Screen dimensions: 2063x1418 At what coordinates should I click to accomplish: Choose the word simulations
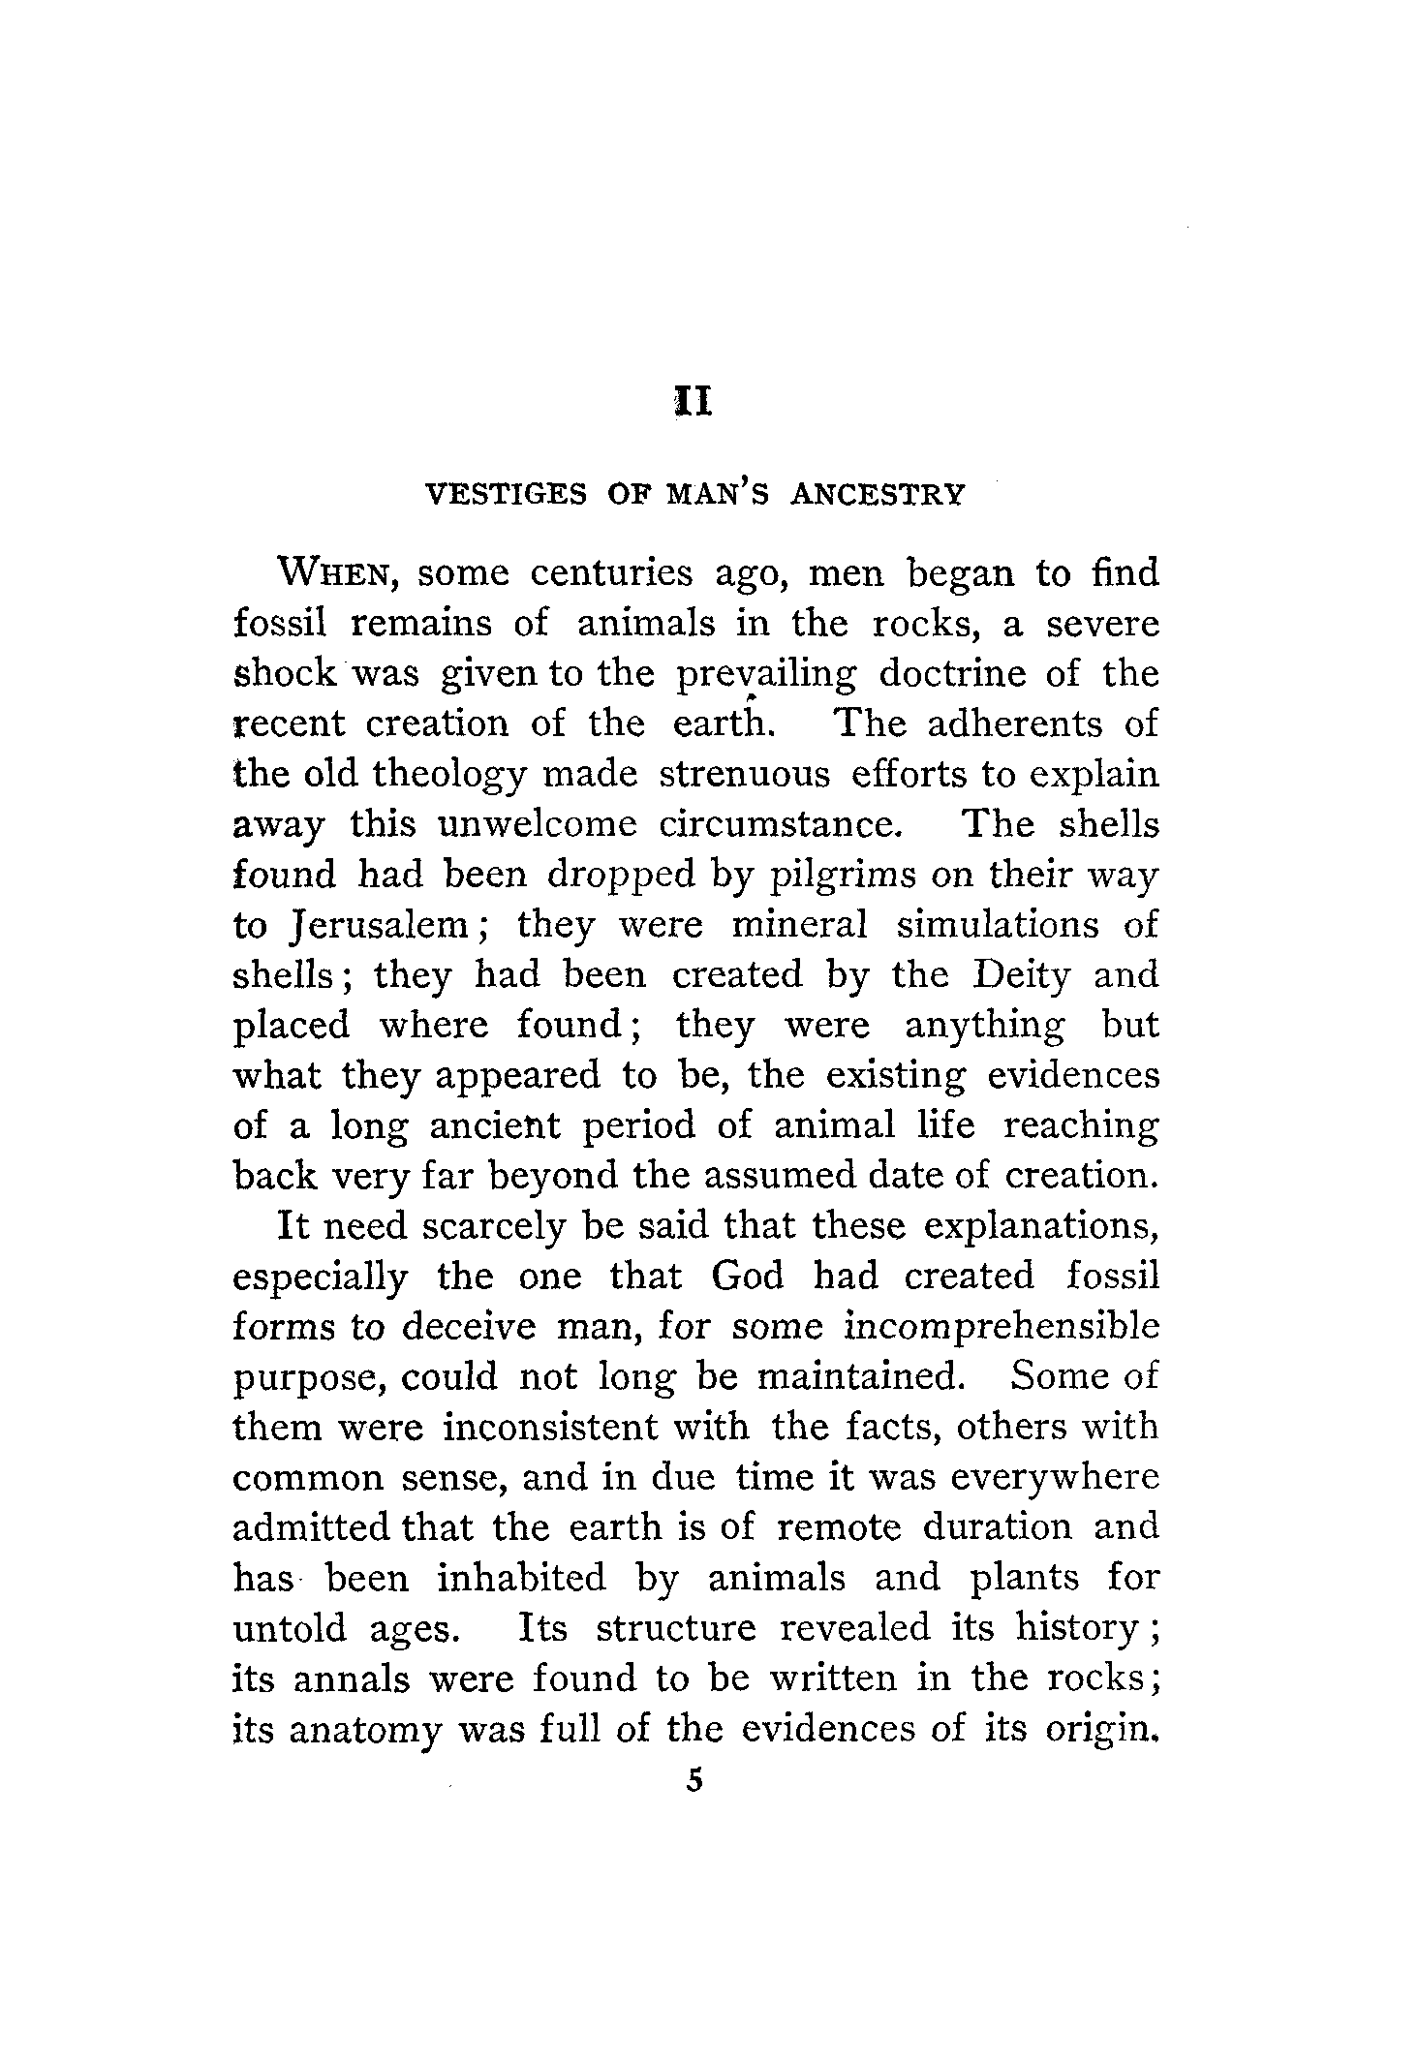(997, 925)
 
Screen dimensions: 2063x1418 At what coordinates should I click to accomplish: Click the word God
(747, 1277)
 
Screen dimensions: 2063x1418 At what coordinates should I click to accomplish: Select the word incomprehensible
(1001, 1327)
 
